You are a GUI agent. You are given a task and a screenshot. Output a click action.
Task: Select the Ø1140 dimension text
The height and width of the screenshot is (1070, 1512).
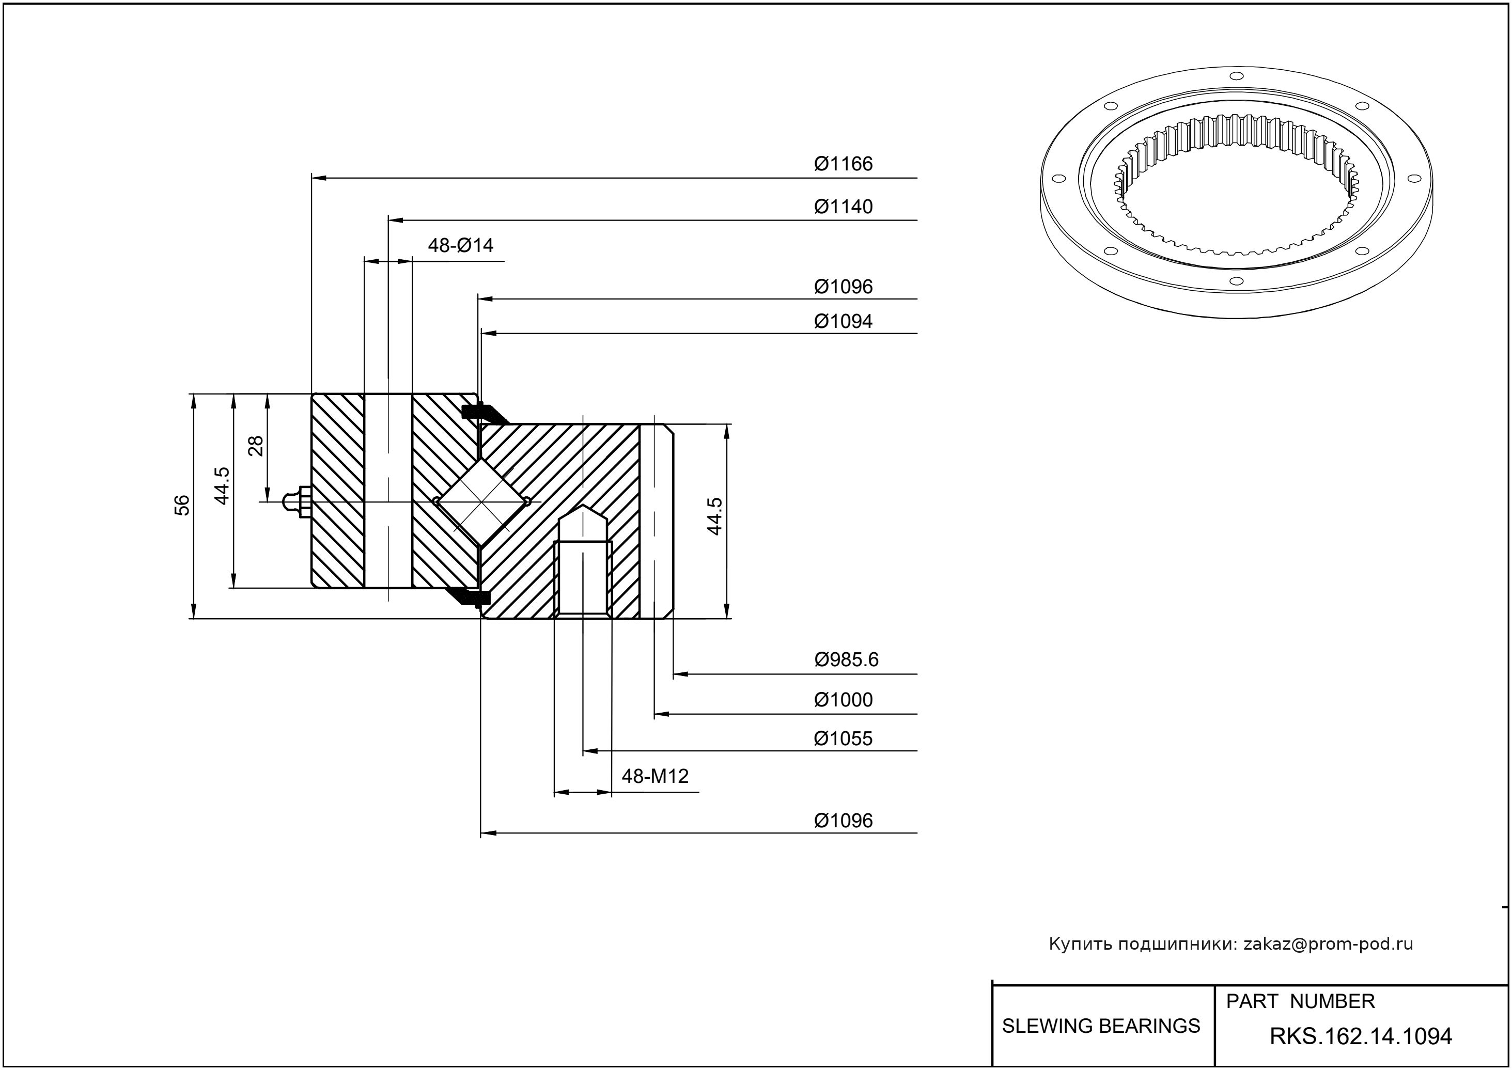843,207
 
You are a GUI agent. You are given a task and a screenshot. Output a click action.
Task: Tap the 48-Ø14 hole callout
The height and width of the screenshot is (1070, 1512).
460,245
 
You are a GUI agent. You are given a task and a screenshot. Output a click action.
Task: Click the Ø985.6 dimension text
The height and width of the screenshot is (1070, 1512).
846,659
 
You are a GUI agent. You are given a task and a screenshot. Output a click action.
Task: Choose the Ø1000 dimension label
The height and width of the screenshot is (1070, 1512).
843,700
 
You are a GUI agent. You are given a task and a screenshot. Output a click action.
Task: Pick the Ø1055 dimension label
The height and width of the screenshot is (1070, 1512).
843,738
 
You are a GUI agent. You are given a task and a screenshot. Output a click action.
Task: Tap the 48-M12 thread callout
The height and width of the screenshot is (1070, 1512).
654,776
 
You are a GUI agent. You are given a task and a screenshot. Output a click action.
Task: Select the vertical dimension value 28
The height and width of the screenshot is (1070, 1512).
256,446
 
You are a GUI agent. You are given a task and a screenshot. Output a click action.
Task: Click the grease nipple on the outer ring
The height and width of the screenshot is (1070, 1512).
297,502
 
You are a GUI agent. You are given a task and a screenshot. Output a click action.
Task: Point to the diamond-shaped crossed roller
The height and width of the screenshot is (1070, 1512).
482,502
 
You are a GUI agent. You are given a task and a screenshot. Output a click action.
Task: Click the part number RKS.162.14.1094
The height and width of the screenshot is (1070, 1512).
1361,1037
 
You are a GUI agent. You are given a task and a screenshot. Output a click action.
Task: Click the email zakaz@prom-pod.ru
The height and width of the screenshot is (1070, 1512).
1328,944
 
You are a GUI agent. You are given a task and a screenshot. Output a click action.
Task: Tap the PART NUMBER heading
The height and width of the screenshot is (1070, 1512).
1300,1001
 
